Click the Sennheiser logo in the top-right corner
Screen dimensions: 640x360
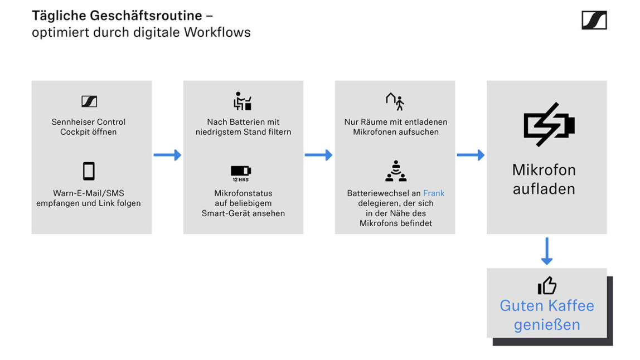(594, 20)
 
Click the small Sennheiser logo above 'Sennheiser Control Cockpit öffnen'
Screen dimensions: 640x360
(89, 101)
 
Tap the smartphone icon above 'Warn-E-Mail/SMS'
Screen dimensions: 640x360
(89, 171)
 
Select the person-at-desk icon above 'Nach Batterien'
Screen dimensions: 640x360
(243, 101)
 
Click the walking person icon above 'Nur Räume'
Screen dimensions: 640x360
(395, 101)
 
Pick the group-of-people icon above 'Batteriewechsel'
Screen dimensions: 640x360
(395, 171)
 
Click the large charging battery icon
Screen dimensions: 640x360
(549, 124)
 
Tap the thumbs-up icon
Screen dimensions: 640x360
(547, 285)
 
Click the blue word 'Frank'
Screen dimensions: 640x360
(434, 193)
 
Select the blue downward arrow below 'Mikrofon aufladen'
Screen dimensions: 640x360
(547, 251)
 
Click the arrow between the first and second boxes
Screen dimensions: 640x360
(167, 155)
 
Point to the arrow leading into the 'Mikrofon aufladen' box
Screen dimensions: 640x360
(471, 155)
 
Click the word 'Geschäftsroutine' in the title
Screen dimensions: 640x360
(146, 16)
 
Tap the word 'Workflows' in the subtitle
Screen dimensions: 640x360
(217, 32)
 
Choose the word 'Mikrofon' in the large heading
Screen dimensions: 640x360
(544, 170)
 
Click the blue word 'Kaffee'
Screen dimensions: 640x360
(571, 306)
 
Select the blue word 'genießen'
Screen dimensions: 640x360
(547, 325)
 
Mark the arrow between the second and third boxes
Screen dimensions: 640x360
(318, 155)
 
